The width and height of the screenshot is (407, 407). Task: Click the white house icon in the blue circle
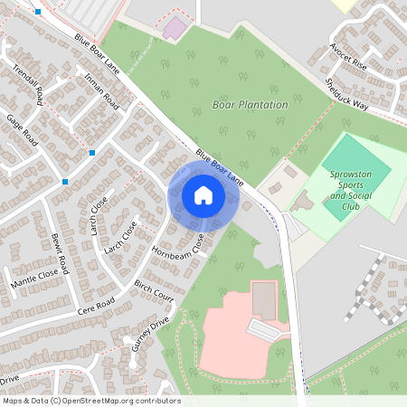pyautogui.click(x=203, y=194)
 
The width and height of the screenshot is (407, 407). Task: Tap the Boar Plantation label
pyautogui.click(x=250, y=105)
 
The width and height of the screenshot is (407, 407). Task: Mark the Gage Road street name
pyautogui.click(x=20, y=132)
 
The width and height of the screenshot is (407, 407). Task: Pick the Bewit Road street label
pyautogui.click(x=60, y=253)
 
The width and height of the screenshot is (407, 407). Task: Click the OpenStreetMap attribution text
pyautogui.click(x=90, y=401)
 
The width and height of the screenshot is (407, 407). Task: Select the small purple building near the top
pyautogui.click(x=173, y=29)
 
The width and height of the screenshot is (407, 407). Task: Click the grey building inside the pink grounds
pyautogui.click(x=264, y=298)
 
